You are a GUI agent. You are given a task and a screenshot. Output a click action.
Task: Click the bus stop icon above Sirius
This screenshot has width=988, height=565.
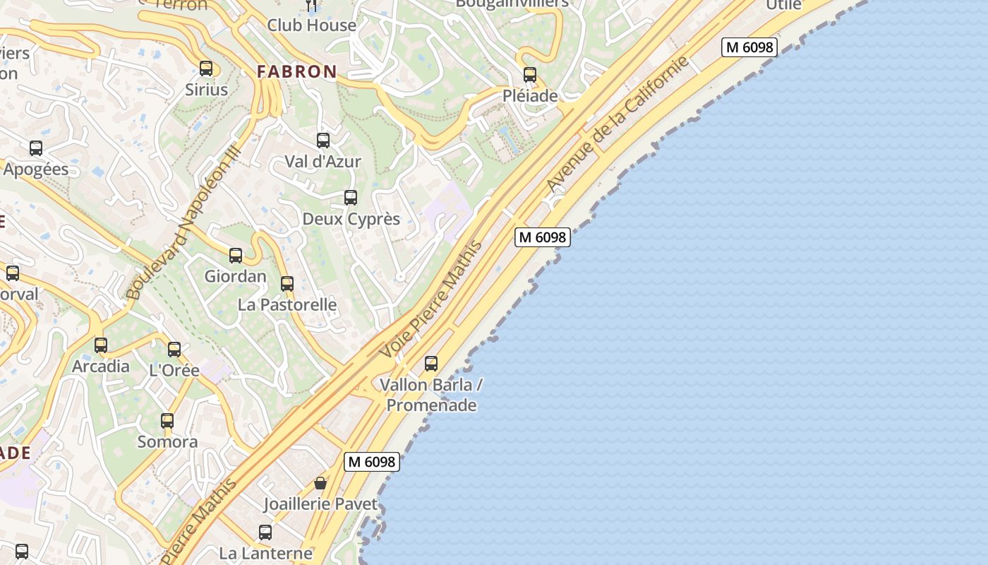206,69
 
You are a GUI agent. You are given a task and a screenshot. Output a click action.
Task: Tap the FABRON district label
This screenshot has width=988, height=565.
296,71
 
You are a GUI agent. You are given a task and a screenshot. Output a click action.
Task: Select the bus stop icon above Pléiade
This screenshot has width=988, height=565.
530,74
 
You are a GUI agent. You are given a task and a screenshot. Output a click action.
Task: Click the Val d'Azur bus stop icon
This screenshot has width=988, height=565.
323,141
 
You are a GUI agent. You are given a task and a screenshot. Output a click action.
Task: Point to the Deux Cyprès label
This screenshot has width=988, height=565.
351,219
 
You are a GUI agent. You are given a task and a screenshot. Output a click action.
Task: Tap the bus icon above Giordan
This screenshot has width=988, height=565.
236,256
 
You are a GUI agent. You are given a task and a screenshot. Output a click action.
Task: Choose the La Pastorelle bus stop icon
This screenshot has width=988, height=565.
287,284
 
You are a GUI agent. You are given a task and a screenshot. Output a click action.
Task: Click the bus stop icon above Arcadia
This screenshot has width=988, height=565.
101,345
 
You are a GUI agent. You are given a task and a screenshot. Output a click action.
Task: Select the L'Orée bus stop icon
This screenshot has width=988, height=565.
174,349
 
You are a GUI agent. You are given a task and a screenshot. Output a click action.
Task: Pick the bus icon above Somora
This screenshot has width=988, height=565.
167,421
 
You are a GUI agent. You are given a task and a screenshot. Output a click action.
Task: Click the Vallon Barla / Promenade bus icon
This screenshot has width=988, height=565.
431,364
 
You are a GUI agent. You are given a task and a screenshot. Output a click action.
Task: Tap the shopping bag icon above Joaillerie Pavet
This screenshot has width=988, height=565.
320,483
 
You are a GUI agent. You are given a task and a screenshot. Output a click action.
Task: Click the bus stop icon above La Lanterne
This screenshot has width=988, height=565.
265,533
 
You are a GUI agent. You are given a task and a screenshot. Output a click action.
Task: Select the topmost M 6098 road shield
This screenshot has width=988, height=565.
749,47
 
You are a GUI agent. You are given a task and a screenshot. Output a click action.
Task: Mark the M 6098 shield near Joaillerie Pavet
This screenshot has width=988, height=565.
372,462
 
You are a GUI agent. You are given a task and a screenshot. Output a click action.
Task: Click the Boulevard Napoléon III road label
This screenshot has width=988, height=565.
183,222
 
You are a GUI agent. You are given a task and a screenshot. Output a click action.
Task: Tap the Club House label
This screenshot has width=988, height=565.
311,25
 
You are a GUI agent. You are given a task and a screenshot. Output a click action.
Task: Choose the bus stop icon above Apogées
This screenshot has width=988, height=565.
36,148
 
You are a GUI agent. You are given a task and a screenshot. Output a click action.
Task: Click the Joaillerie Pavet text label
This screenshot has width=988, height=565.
320,504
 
